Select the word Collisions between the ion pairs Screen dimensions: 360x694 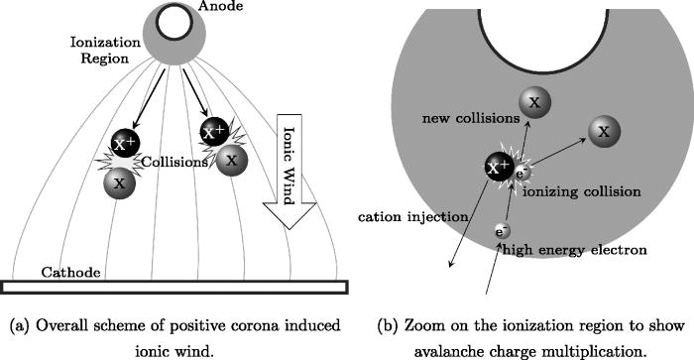[x=172, y=163]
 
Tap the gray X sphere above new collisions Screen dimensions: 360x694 [x=533, y=101]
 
